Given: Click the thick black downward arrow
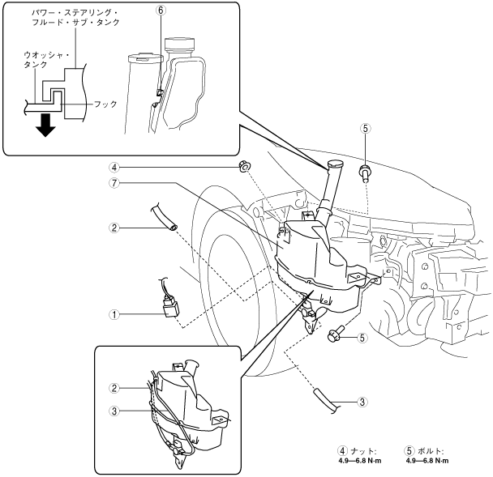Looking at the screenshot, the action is click(45, 125).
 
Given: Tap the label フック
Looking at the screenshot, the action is click(105, 104).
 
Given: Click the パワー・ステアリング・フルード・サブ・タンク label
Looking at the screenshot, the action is click(75, 17).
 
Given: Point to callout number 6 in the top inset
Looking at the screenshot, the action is click(161, 11).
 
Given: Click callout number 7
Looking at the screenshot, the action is click(114, 183).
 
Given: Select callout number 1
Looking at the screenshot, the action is click(114, 314).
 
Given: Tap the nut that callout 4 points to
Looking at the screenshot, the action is click(244, 166).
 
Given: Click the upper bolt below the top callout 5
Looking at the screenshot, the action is click(364, 173).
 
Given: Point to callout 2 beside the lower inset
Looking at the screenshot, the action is click(114, 388).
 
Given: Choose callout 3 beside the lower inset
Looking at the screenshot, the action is click(114, 411).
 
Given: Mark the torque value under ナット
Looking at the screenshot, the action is click(360, 461).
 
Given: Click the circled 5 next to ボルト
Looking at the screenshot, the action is click(409, 451).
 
